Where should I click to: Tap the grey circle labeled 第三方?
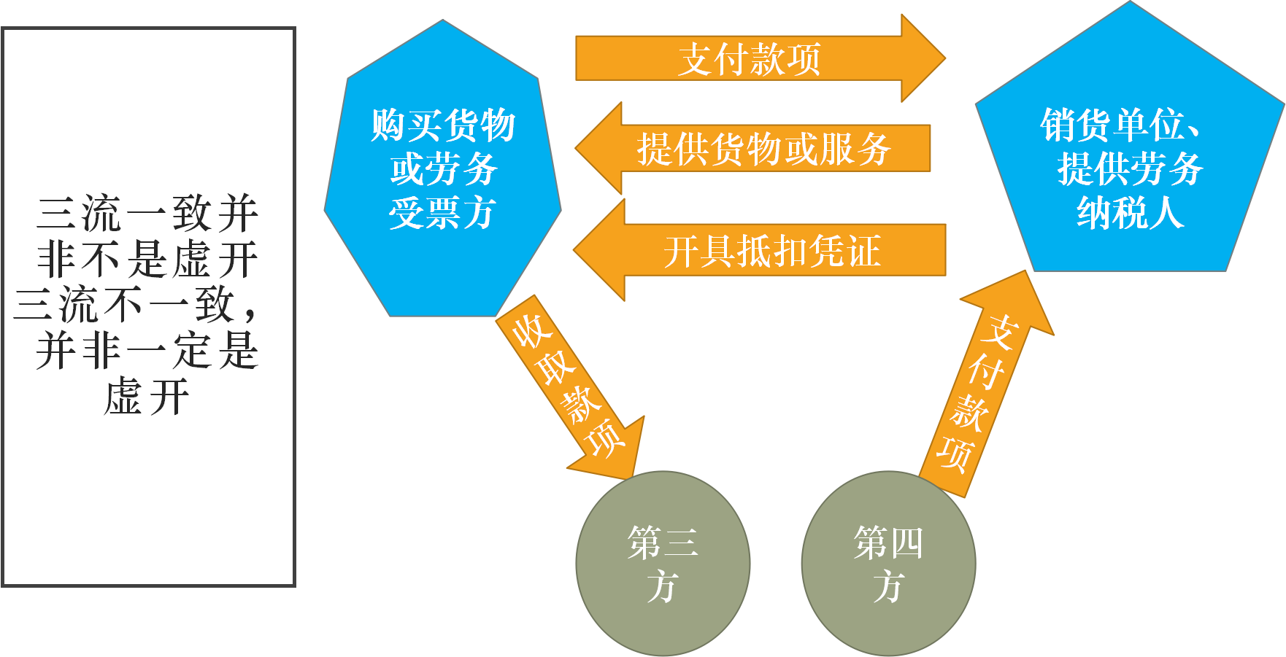(663, 564)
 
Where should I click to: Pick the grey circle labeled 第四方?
(888, 564)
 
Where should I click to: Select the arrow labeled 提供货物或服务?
(763, 149)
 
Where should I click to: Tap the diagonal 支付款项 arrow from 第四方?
(982, 394)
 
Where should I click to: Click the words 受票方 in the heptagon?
(442, 214)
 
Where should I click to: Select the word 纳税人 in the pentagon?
(1130, 214)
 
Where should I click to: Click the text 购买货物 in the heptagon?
(442, 125)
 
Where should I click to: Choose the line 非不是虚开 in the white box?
(147, 260)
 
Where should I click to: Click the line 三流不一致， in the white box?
(136, 306)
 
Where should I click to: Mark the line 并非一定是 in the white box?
(147, 351)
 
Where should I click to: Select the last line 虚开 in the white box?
(147, 397)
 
